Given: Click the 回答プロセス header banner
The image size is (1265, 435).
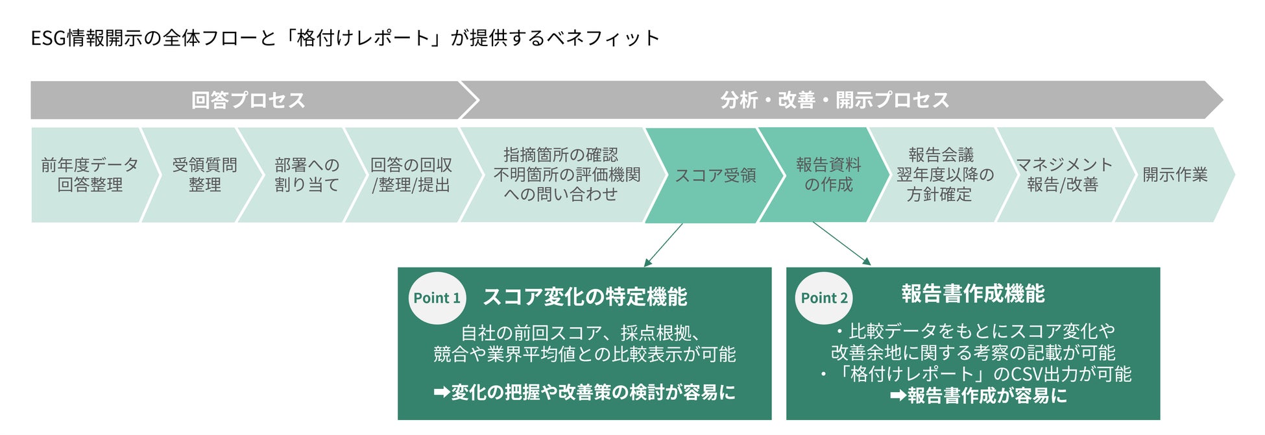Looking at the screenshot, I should (x=248, y=100).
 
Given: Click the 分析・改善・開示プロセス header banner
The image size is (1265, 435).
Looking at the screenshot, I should (x=835, y=100).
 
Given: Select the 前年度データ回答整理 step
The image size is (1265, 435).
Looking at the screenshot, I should (x=90, y=175).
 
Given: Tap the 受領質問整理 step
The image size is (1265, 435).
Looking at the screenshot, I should (x=204, y=175).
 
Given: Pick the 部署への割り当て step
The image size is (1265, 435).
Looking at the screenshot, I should (x=306, y=175).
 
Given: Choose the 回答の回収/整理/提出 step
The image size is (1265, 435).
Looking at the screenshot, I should (x=411, y=175).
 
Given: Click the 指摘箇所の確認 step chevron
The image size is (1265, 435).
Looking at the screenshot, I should (x=561, y=175).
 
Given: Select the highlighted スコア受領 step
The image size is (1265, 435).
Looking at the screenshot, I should (x=715, y=175).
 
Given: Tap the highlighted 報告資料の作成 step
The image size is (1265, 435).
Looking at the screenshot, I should (x=828, y=175).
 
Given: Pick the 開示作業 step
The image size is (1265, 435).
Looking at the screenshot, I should (x=1175, y=175).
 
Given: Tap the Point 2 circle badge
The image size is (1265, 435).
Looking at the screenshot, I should (x=824, y=298).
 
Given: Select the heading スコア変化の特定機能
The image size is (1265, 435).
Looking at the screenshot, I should (x=584, y=297).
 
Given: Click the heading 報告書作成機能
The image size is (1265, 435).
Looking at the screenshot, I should (x=972, y=293).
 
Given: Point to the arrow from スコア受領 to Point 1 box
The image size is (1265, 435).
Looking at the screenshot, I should (x=663, y=245).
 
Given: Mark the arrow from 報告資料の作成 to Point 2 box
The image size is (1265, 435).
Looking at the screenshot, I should (x=841, y=243).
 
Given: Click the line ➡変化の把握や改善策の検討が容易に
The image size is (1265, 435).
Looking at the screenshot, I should (x=584, y=392).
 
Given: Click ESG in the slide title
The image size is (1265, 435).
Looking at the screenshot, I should (x=48, y=38).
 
